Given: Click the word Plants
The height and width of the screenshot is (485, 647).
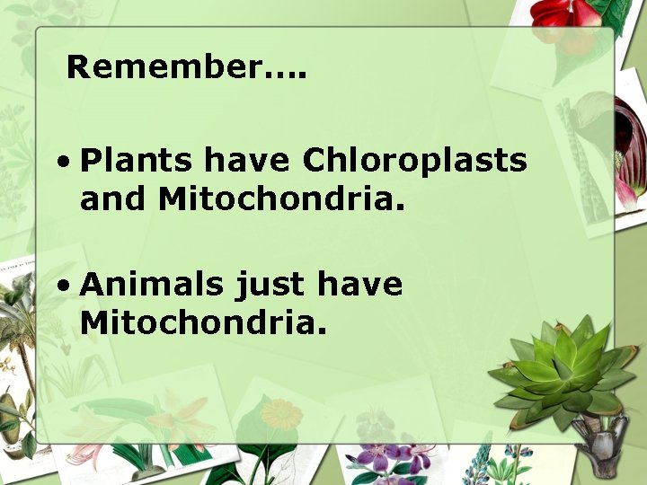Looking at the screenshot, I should [x=136, y=161].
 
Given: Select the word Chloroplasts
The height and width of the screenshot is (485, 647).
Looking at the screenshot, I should [x=414, y=161].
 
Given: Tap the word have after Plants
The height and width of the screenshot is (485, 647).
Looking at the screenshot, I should [x=247, y=161].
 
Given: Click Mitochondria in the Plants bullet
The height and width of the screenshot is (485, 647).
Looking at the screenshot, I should [x=281, y=199].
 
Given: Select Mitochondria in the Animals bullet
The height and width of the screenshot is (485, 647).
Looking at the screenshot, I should [x=202, y=323].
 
